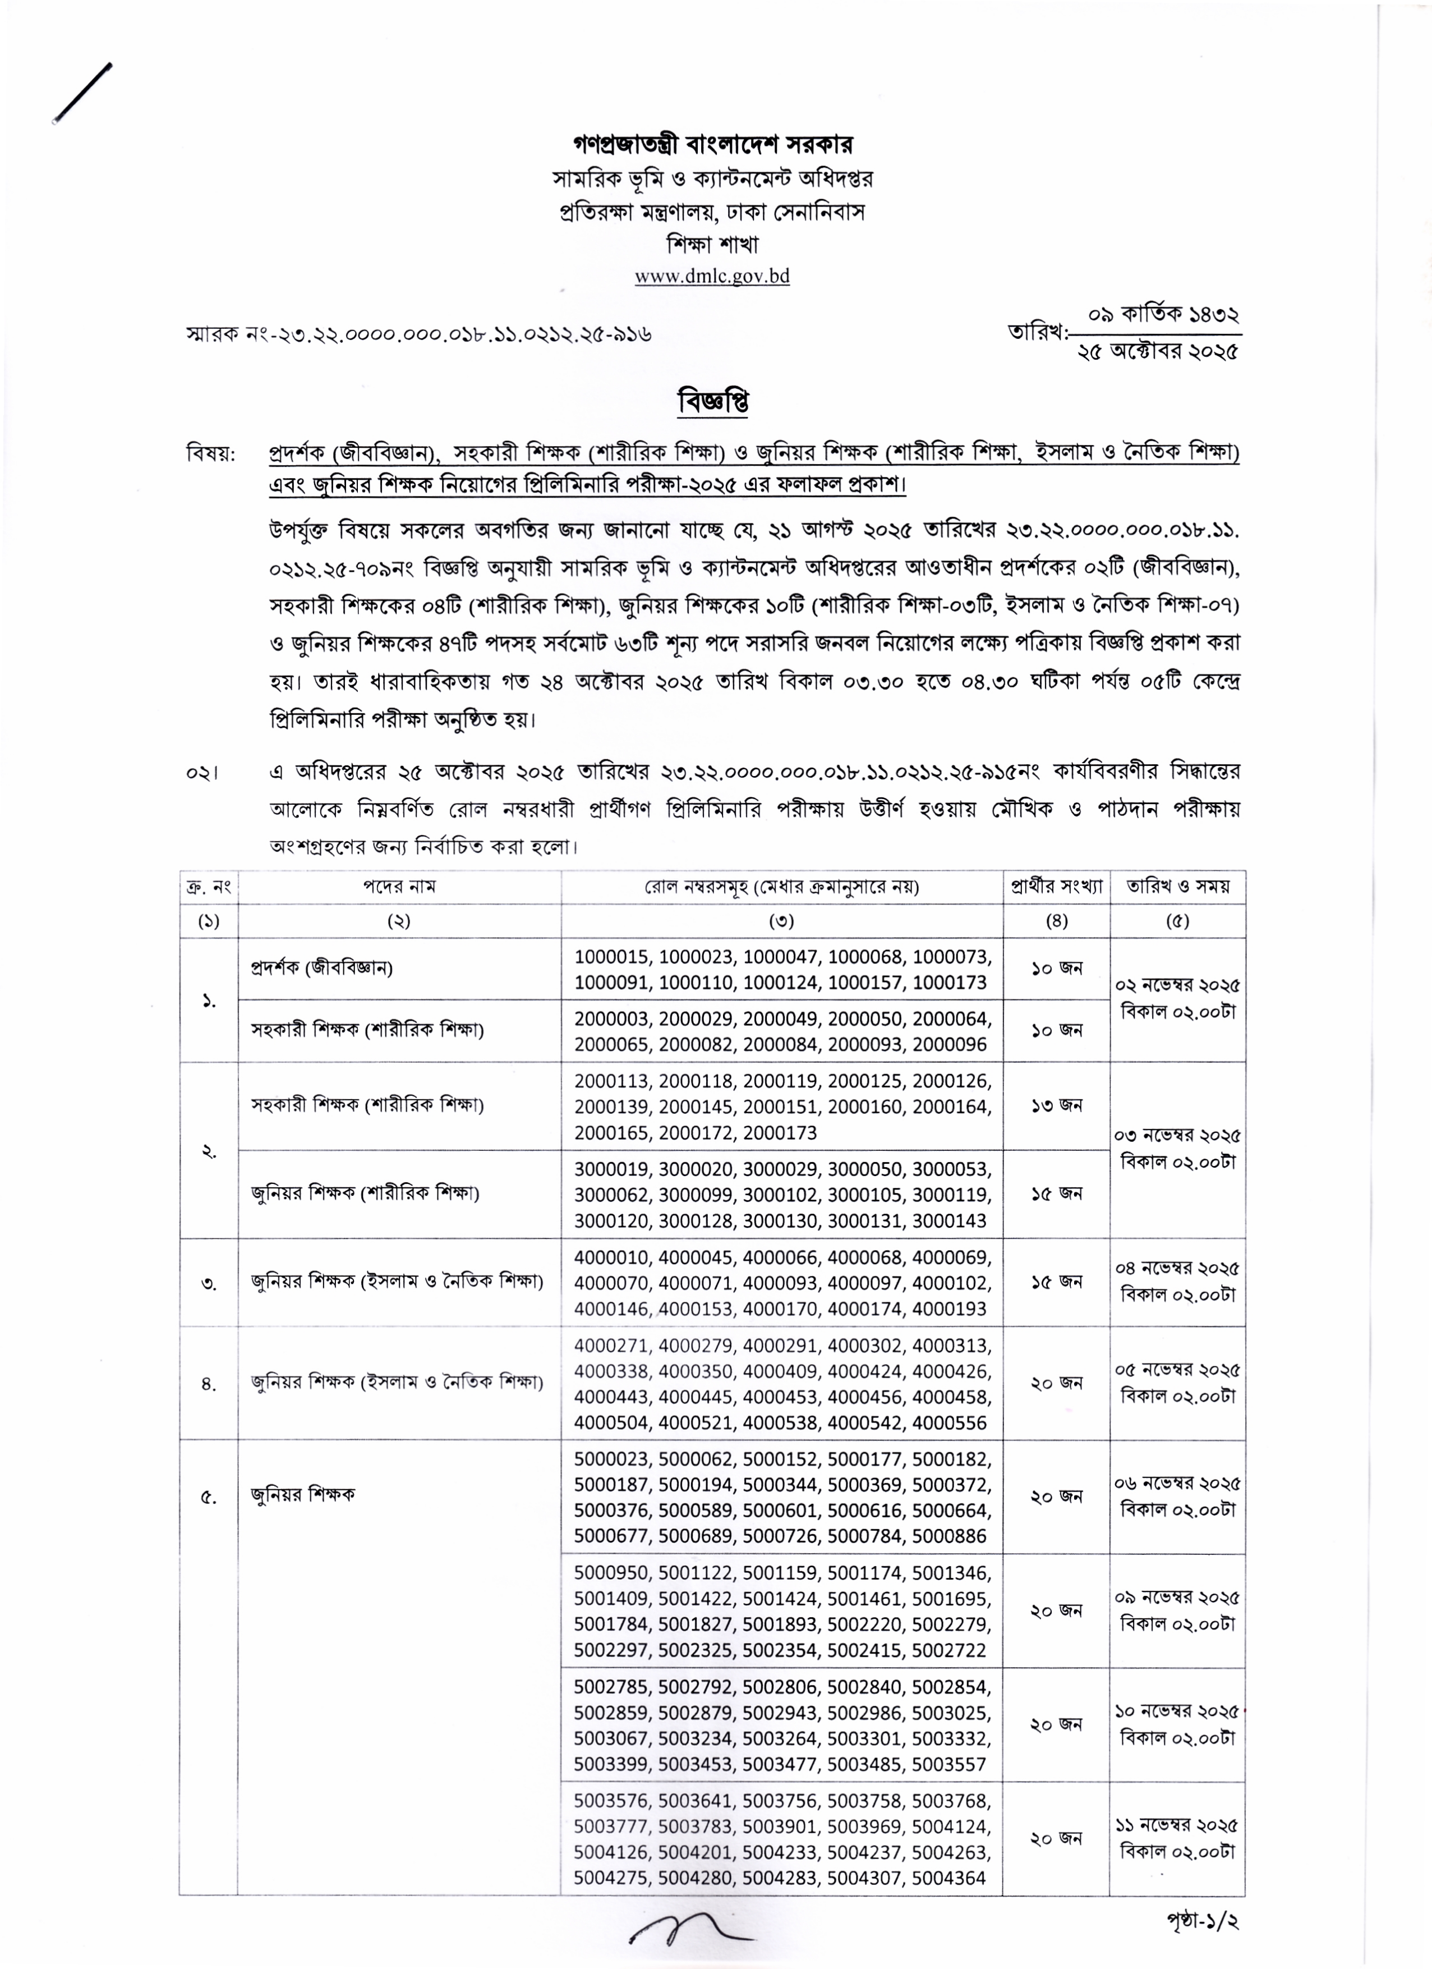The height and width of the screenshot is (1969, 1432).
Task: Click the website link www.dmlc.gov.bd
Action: pos(712,276)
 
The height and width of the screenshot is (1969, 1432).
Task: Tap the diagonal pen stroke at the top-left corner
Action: pos(82,93)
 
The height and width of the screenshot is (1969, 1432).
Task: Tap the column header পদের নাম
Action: pos(399,887)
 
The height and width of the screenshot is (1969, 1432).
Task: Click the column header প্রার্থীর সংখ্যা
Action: pos(1056,887)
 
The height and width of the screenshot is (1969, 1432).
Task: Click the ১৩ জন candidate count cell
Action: pos(1056,1105)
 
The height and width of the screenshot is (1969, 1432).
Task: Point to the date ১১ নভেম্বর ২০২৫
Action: pos(1177,1825)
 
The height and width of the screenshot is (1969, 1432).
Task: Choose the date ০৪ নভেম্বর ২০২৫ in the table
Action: pos(1177,1268)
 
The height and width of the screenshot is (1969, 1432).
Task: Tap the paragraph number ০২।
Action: pos(202,772)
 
